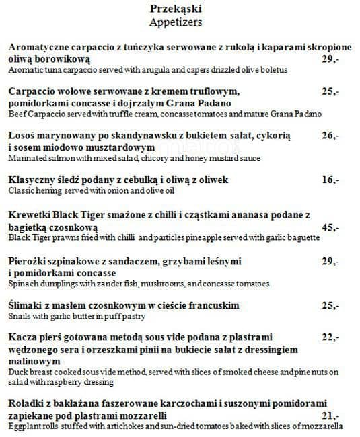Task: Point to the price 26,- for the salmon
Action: coord(330,136)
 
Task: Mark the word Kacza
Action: coord(22,337)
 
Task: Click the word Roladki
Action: coord(26,404)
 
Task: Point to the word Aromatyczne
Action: coord(40,48)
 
